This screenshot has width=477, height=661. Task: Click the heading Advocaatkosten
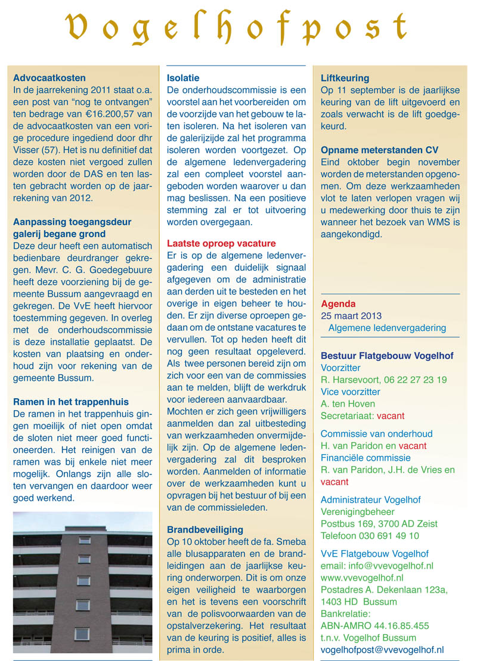pos(49,78)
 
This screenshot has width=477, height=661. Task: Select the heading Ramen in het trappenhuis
pos(70,402)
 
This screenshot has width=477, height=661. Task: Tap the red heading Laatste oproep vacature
pos(221,243)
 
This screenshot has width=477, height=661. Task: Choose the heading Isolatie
pos(183,78)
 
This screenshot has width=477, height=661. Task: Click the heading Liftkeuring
pos(345,78)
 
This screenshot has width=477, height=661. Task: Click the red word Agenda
pos(338,303)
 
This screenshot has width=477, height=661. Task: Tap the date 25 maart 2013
pos(351,316)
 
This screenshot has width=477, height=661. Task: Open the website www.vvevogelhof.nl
pos(362,578)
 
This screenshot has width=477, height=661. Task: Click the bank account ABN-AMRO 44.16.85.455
pos(374,626)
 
